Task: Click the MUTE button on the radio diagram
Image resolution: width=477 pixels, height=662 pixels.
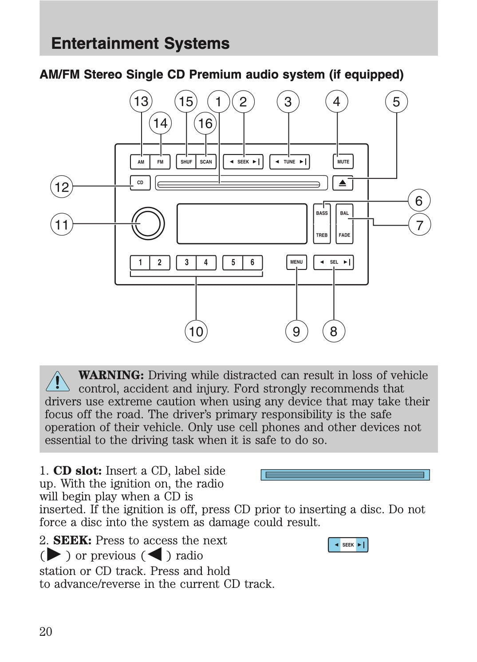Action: pos(343,162)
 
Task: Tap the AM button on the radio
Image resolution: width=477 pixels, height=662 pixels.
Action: pos(141,162)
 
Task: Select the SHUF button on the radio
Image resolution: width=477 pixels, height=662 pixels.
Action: pos(186,162)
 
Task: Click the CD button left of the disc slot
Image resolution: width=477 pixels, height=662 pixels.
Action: pos(140,182)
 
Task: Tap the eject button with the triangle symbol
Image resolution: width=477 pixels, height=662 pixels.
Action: pos(343,183)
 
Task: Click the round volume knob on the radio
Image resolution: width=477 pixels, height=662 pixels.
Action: pos(148,223)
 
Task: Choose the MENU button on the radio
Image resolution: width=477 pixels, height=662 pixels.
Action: pos(296,262)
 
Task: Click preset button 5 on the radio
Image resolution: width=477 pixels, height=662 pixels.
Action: pos(233,262)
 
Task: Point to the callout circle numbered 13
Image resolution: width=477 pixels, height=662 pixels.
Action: pos(141,101)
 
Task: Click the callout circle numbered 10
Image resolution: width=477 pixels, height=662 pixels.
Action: pos(196,331)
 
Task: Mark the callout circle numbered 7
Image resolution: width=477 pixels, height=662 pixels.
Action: pos(419,225)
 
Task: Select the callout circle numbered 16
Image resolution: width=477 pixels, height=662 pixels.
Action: pos(205,123)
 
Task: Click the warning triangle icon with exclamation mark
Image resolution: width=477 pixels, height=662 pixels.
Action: pos(58,381)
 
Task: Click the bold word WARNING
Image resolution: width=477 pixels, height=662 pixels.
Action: pos(111,375)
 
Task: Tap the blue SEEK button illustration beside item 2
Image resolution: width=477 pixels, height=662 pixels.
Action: pos(348,545)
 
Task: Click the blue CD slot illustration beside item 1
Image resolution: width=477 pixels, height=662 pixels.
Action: pos(345,475)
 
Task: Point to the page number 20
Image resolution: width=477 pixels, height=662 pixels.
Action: pos(46,631)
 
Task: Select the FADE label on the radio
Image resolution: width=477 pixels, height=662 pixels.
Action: pos(344,235)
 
